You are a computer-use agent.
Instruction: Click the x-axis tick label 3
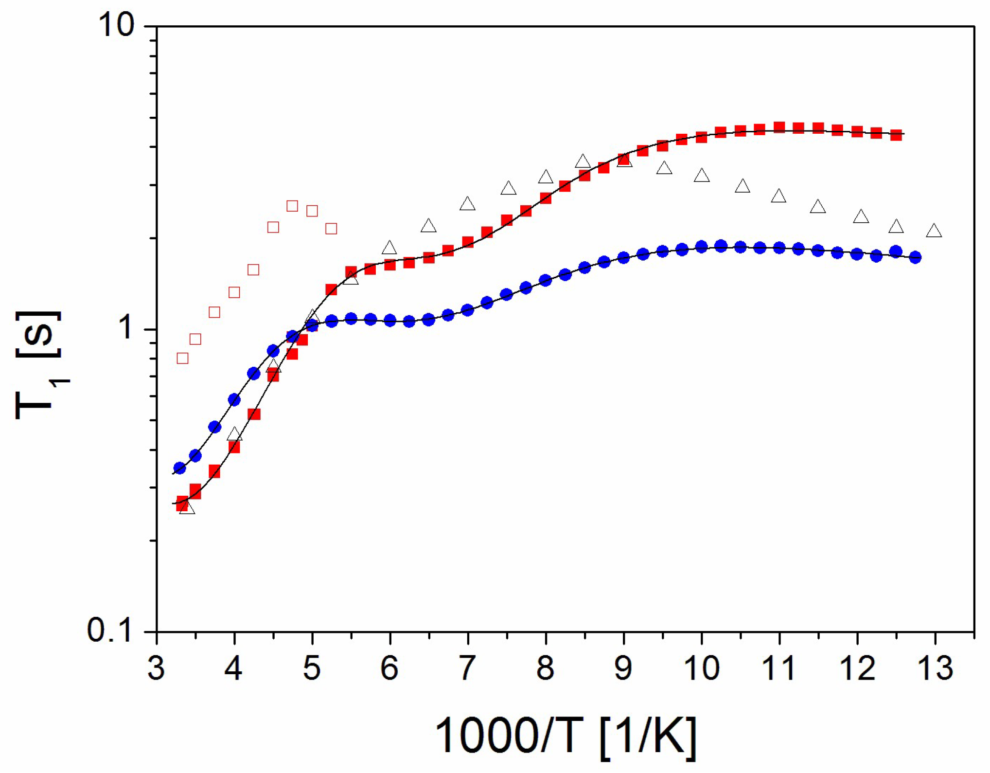156,668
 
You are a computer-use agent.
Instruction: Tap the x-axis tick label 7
467,668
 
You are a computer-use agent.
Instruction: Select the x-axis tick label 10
701,668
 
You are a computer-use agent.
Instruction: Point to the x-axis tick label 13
935,668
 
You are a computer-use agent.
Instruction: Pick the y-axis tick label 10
117,25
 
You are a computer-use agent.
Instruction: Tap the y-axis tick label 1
127,328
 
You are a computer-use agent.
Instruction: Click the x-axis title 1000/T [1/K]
566,737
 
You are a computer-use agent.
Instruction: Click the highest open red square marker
292,206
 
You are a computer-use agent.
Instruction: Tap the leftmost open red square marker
182,359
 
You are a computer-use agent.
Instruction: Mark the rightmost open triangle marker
934,231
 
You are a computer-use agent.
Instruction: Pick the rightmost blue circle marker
915,257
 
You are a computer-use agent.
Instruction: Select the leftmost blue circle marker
179,468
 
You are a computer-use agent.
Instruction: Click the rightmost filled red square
896,135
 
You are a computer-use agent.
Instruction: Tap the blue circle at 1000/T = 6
390,320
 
